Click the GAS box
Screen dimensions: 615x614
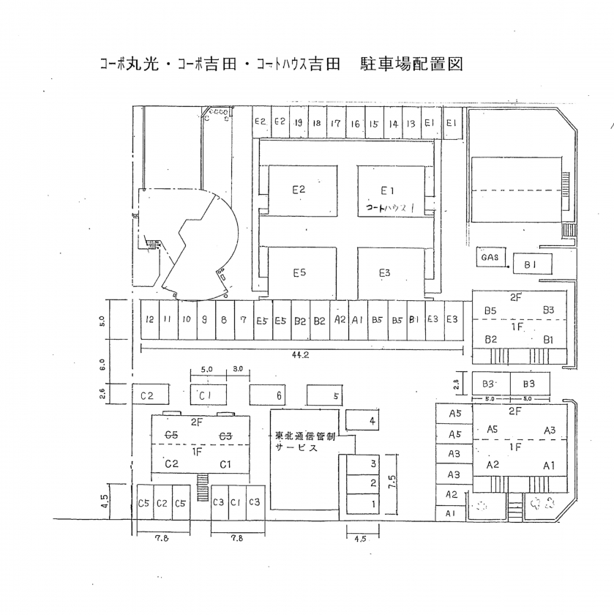click(490, 258)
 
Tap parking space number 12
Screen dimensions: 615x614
click(149, 320)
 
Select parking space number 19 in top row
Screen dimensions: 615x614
click(299, 123)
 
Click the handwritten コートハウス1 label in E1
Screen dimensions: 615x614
click(389, 208)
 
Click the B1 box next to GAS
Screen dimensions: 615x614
click(532, 264)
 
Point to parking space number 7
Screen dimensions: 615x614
click(243, 320)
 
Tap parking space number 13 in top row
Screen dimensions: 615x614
click(411, 124)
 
